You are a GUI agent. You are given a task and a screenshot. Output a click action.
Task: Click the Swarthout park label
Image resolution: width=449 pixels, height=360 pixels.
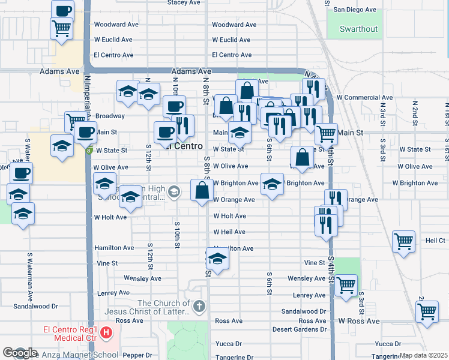[x=359, y=29]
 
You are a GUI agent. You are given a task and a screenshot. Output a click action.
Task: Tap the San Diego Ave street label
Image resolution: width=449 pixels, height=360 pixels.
[x=355, y=10]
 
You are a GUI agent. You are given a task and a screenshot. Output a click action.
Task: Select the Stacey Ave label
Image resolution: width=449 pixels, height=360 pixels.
[x=184, y=3]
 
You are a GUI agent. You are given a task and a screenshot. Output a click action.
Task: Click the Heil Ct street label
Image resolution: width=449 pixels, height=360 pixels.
[x=435, y=240]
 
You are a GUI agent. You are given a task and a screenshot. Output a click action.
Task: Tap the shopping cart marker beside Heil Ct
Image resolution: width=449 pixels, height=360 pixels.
[x=403, y=242]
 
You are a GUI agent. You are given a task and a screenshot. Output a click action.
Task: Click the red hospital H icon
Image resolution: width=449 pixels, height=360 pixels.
[x=106, y=332]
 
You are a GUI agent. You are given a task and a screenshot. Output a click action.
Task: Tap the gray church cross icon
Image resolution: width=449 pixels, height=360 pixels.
[x=199, y=307]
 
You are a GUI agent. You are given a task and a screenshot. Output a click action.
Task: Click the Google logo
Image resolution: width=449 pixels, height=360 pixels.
[x=20, y=353]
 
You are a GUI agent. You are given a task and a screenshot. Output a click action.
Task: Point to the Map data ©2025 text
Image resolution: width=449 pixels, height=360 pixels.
[x=423, y=355]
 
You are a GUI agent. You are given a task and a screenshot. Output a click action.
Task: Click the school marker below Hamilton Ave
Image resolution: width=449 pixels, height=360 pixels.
[x=217, y=259]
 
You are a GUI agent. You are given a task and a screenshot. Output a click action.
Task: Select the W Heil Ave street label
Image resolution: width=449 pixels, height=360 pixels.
[x=229, y=232]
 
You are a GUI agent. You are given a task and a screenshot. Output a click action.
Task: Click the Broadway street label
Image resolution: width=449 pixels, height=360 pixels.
[x=110, y=116]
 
